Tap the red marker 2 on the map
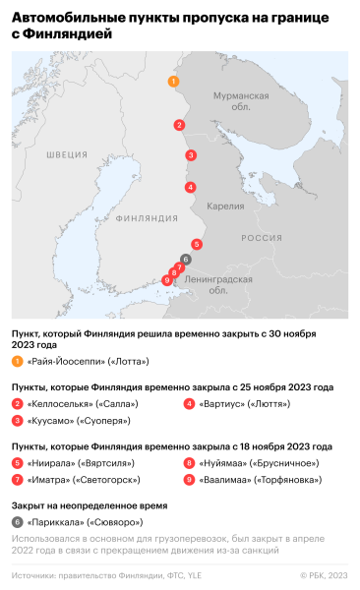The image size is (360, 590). coord(179,125)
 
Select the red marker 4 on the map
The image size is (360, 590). coord(189,187)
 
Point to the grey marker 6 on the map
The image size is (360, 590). coord(185,259)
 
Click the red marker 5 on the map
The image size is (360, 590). coord(197,244)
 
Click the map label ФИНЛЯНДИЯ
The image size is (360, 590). coord(142,220)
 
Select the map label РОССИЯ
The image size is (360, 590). coord(262,239)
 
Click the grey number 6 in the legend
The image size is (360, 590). coord(18,522)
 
